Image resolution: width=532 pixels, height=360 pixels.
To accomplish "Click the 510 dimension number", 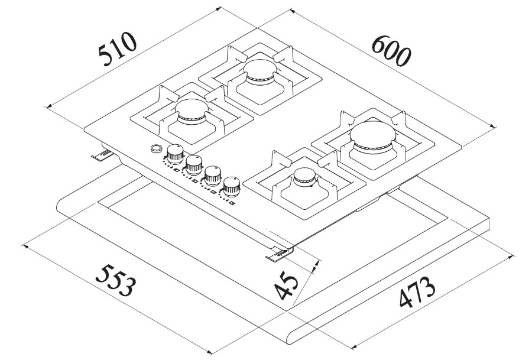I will (118, 47).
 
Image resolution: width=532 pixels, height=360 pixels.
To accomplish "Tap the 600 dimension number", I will (391, 50).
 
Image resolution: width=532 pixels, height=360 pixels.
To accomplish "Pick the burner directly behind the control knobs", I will (190, 111).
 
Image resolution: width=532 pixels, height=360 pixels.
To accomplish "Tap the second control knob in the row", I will (193, 165).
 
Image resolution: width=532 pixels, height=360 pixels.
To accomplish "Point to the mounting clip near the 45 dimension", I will (277, 255).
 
